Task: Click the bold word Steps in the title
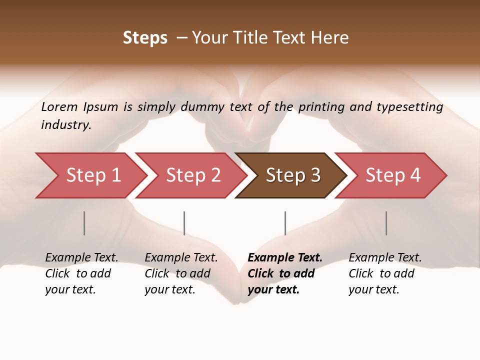[145, 38]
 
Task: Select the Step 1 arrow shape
[90, 175]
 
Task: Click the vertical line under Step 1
[84, 223]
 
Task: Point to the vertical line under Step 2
[184, 223]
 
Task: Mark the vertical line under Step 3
[285, 223]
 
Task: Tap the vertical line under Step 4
[386, 223]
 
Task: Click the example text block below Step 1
[81, 273]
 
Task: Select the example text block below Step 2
[181, 273]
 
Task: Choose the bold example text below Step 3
[285, 273]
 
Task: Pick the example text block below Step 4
[385, 273]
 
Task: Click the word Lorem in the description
[59, 106]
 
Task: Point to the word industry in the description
[66, 124]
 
